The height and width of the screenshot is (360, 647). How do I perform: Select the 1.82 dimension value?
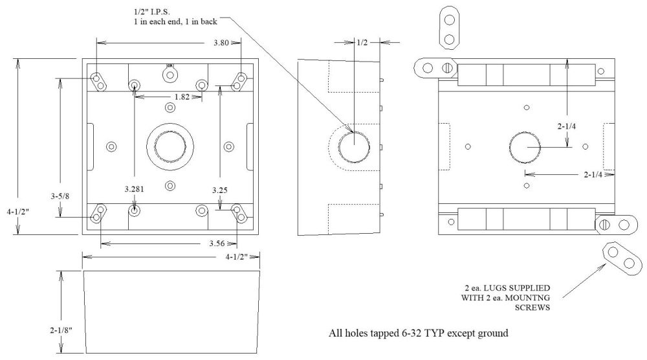click(x=164, y=96)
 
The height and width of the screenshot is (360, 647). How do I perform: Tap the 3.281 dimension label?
click(x=135, y=189)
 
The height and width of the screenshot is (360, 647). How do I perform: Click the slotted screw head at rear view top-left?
click(x=446, y=67)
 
